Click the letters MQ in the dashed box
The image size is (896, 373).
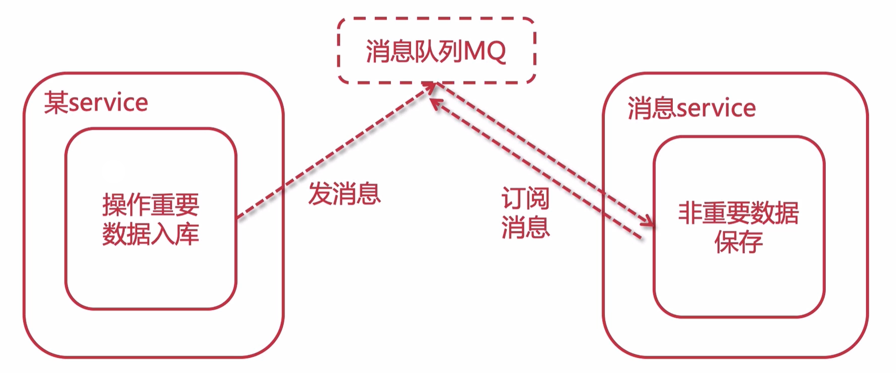(485, 51)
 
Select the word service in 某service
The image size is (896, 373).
(109, 103)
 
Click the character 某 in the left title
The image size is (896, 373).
(56, 103)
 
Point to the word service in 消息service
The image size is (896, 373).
(717, 109)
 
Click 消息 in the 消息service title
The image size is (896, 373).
(652, 109)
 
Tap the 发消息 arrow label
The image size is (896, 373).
(344, 195)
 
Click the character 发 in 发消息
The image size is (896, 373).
(320, 195)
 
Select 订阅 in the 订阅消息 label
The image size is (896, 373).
(525, 198)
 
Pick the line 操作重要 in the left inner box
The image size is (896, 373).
(151, 205)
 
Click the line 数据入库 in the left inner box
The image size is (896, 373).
(151, 234)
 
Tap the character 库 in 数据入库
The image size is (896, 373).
(187, 234)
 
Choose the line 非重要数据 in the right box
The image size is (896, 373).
(739, 213)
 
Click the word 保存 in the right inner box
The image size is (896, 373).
(739, 242)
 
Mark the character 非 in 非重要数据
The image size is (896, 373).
(690, 213)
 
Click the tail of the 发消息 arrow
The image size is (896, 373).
(238, 218)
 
